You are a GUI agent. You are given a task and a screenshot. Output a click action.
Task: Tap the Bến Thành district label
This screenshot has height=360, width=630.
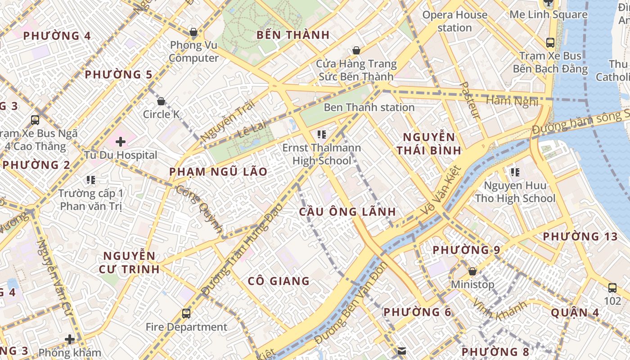point(293,35)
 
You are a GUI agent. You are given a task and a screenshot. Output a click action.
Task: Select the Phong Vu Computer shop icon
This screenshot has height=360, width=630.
point(193,32)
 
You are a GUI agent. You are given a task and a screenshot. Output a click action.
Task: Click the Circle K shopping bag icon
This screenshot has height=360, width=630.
point(161,101)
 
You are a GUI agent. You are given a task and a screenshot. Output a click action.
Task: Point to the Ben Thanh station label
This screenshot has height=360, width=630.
point(369,108)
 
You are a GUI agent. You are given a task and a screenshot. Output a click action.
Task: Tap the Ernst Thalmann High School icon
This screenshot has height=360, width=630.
point(321,134)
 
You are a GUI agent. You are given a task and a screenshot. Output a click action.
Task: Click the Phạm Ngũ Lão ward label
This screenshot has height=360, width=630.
point(218,172)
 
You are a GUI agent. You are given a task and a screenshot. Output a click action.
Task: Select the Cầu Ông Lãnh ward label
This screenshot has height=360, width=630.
point(348,212)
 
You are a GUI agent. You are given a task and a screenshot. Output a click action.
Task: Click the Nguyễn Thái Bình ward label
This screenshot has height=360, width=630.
point(429,144)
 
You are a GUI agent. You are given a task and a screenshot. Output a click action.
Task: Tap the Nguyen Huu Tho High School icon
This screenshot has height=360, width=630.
point(515,172)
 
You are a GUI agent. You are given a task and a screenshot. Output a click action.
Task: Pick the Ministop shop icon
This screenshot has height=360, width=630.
point(472,271)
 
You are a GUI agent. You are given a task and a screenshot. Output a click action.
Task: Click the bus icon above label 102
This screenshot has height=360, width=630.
point(612,288)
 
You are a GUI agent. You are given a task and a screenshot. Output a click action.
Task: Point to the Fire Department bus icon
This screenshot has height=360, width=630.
point(186,314)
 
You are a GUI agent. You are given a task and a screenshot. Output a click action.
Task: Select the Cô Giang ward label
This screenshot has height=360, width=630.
point(279,281)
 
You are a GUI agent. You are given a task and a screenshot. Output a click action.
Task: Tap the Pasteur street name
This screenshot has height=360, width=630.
point(470,100)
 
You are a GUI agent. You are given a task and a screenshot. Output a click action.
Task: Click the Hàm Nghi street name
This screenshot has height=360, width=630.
point(512,101)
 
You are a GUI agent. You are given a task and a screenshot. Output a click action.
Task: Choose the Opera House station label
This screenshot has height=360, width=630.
point(454,21)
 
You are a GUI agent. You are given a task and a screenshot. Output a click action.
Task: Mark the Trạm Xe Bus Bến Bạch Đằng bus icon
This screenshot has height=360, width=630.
point(550,43)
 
